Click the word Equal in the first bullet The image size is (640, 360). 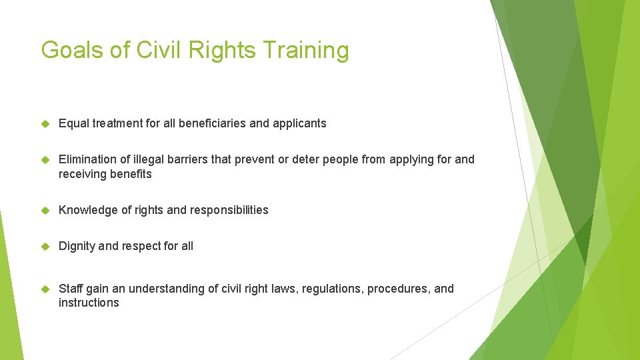[x=73, y=123]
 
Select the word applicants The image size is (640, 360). [x=299, y=123]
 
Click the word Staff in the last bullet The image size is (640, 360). [x=70, y=289]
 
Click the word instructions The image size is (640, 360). [x=89, y=303]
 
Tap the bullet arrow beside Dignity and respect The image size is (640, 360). [x=46, y=246]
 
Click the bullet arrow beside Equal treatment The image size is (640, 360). [x=46, y=123]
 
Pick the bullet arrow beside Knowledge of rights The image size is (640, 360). [x=46, y=210]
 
